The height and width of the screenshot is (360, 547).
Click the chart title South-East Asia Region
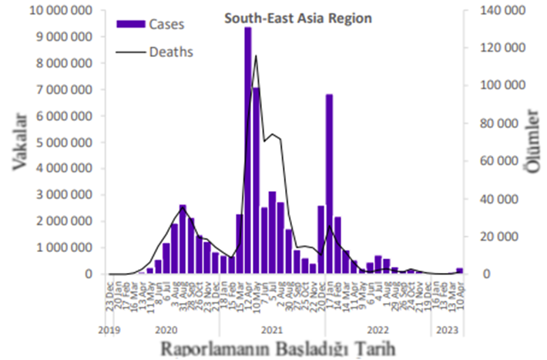(297, 16)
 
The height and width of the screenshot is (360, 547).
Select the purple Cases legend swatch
(129, 24)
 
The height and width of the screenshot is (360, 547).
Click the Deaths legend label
(170, 52)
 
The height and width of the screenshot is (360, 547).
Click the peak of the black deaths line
(256, 56)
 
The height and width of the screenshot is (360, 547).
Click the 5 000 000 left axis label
(61, 143)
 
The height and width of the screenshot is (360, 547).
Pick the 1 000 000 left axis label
(61, 247)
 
